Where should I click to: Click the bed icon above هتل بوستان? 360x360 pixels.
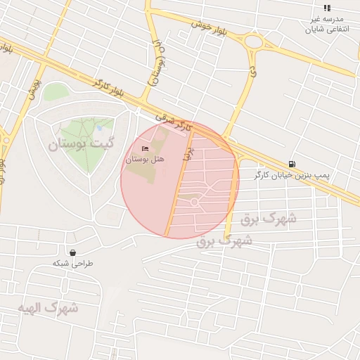click(146, 149)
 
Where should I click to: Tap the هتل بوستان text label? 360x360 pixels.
click(145, 160)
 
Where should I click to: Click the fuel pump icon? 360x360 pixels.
click(292, 163)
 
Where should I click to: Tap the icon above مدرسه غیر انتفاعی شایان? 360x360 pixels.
click(327, 8)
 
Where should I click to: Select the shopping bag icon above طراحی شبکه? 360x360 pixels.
click(72, 252)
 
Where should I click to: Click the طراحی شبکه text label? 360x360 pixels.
click(72, 263)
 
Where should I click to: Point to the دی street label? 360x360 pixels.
click(251, 71)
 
